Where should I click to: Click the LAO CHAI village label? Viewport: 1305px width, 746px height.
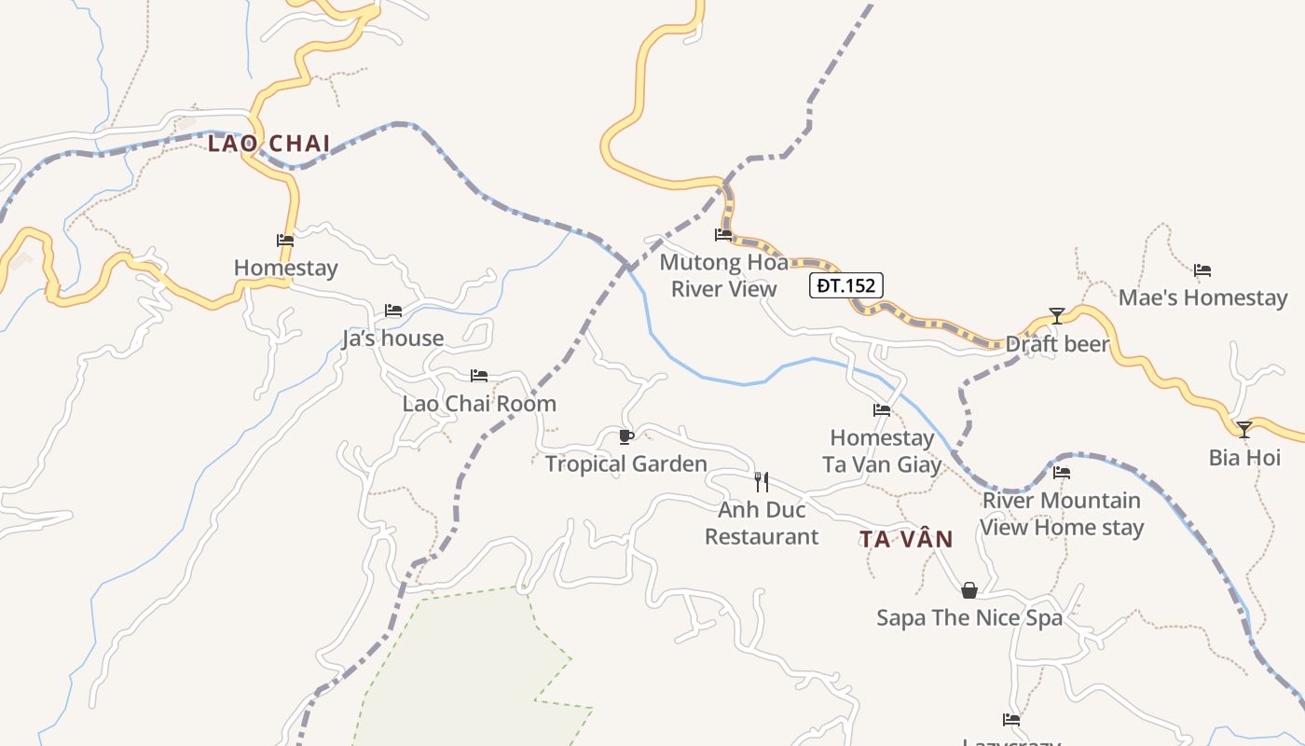click(268, 144)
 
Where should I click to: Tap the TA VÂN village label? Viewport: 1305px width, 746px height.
click(906, 539)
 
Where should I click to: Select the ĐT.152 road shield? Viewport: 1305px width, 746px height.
click(845, 285)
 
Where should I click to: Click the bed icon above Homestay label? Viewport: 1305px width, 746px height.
click(285, 241)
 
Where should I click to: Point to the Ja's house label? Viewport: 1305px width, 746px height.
click(392, 338)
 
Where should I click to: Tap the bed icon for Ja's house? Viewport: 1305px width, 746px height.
click(393, 311)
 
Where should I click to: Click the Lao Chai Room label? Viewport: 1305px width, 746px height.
click(479, 404)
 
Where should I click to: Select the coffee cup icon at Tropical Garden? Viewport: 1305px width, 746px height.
click(626, 436)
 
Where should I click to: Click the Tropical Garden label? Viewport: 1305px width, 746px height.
click(625, 463)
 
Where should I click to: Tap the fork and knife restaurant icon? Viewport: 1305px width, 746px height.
click(762, 482)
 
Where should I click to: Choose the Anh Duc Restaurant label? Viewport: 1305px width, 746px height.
click(762, 523)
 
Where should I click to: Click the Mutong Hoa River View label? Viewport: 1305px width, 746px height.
click(723, 276)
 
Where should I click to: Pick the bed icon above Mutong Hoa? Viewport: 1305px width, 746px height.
click(723, 235)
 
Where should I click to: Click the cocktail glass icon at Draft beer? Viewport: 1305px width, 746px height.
click(1056, 316)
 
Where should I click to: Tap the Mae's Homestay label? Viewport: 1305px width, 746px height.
click(1202, 298)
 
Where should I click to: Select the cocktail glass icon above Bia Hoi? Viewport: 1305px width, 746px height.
click(1243, 430)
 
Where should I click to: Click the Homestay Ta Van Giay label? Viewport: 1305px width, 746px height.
click(882, 451)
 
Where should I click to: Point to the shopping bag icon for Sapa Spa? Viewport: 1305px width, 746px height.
click(969, 590)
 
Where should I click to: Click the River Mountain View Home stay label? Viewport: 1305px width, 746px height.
click(1062, 514)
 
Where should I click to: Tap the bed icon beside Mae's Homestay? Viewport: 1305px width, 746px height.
click(1202, 271)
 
